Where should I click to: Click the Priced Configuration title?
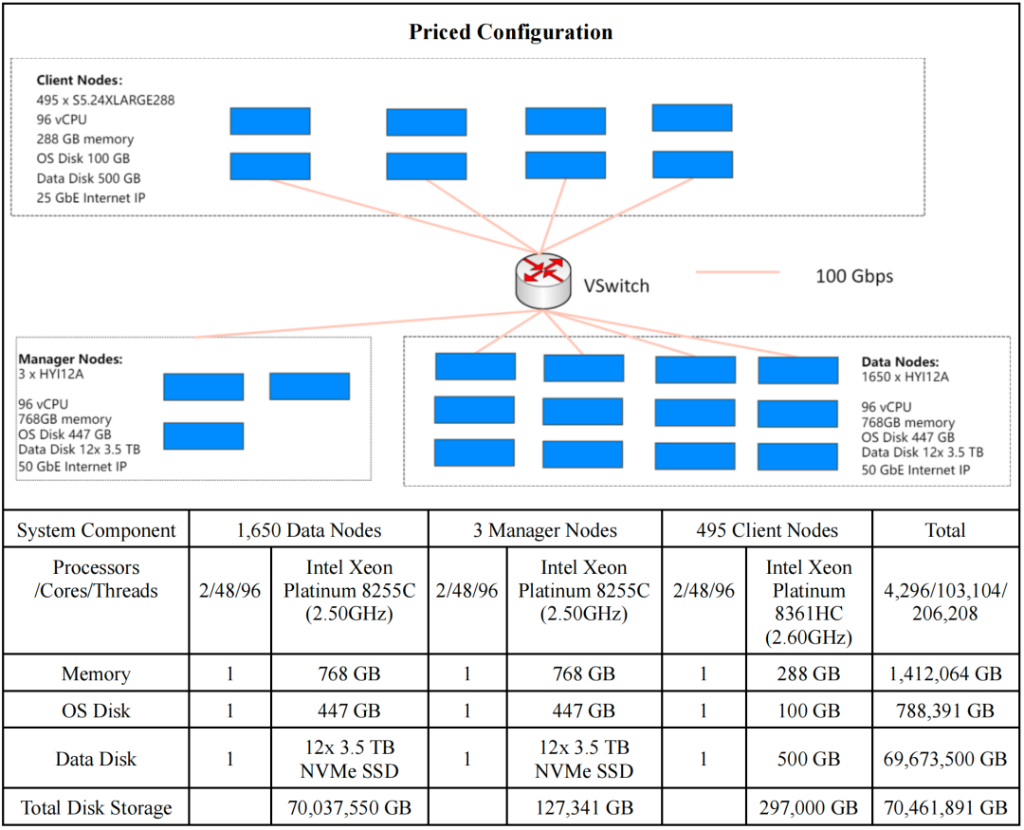[511, 32]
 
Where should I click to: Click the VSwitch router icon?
[542, 278]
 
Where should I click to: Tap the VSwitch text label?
[616, 285]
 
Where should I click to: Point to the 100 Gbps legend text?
[854, 276]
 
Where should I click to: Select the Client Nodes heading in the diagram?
[80, 81]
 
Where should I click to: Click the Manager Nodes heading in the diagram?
[70, 360]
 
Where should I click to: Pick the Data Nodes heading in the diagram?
[900, 361]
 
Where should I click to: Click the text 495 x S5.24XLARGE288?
[105, 100]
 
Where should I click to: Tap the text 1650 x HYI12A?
[905, 377]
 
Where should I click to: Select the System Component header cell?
[96, 530]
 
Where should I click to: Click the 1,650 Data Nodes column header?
[308, 530]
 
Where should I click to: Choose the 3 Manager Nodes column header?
[545, 530]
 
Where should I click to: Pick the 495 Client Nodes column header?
[766, 530]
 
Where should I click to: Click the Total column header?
[945, 530]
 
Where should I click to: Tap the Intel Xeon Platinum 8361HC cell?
[809, 601]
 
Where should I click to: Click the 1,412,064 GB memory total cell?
[945, 674]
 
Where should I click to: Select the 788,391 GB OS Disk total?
[945, 710]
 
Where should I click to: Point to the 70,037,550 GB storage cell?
[349, 808]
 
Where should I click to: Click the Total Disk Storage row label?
[96, 808]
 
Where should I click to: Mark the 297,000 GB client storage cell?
[809, 808]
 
